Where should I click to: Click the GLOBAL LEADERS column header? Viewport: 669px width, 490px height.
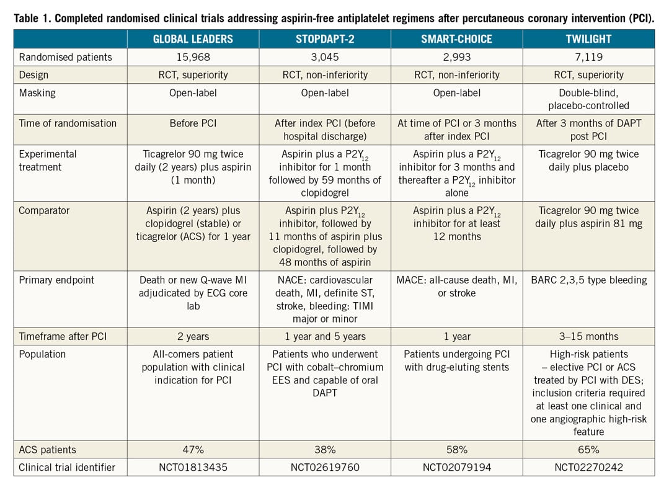pyautogui.click(x=193, y=38)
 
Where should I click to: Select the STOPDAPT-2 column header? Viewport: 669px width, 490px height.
pyautogui.click(x=325, y=38)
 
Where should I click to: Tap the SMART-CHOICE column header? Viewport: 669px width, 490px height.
pyautogui.click(x=456, y=38)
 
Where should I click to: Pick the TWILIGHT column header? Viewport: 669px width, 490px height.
pyautogui.click(x=588, y=38)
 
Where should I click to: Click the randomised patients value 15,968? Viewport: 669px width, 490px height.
pyautogui.click(x=193, y=57)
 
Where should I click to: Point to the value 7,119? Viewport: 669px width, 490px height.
pyautogui.click(x=588, y=57)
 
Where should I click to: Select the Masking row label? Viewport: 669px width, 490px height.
pyautogui.click(x=37, y=93)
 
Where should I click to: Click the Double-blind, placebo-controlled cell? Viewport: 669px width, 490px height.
pyautogui.click(x=588, y=99)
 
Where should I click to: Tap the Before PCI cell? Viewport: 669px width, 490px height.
pyautogui.click(x=193, y=123)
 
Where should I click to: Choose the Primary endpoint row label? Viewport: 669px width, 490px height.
pyautogui.click(x=57, y=280)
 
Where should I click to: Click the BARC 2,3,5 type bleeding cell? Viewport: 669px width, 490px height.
pyautogui.click(x=588, y=280)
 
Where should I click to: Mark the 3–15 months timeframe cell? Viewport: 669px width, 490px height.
pyautogui.click(x=588, y=336)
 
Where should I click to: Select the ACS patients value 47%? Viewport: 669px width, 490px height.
pyautogui.click(x=193, y=449)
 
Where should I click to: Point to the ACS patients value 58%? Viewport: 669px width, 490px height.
pyautogui.click(x=456, y=449)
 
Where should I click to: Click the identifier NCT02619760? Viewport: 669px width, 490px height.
pyautogui.click(x=325, y=467)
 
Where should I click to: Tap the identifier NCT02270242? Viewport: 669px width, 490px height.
pyautogui.click(x=588, y=467)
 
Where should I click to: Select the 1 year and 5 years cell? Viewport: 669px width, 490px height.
pyautogui.click(x=325, y=336)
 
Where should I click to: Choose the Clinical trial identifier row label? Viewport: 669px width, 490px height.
pyautogui.click(x=66, y=467)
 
